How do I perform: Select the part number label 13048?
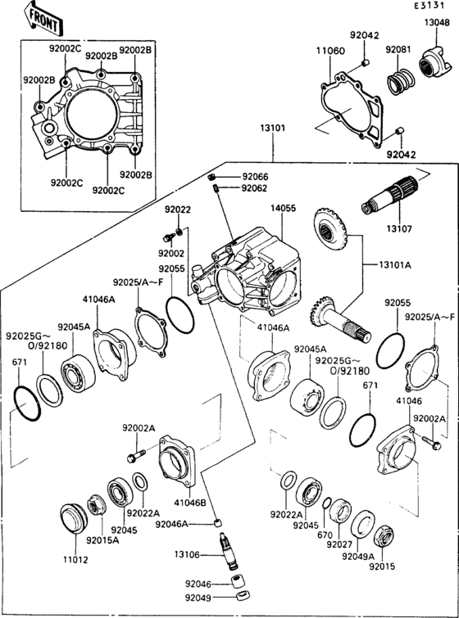(436, 23)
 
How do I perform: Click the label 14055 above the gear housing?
(284, 209)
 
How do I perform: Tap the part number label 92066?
(254, 177)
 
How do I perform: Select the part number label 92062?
(254, 188)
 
